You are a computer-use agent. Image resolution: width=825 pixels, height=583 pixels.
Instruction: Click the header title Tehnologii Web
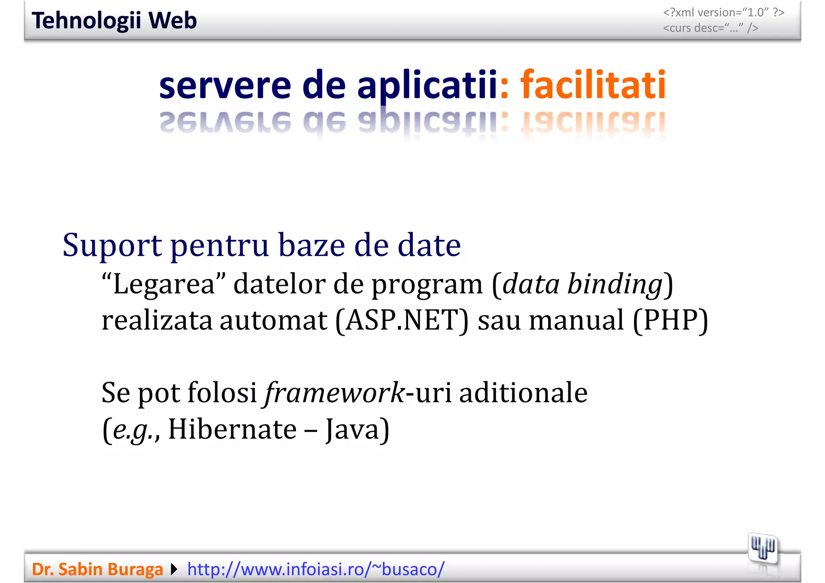[x=114, y=21]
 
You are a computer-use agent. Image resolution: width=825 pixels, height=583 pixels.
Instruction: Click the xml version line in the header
[x=723, y=12]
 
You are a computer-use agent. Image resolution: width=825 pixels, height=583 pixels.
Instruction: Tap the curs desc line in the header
[x=711, y=28]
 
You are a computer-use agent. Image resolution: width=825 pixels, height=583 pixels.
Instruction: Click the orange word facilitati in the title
[x=593, y=85]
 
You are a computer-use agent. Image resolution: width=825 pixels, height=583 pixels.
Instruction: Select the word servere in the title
[x=225, y=86]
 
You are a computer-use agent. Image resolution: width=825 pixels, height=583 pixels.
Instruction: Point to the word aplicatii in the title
[x=427, y=86]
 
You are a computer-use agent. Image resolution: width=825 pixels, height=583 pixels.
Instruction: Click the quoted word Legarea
[x=164, y=284]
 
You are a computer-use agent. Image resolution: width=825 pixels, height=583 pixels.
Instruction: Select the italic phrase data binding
[x=582, y=284]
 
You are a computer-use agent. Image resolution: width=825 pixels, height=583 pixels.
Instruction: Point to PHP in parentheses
[x=670, y=320]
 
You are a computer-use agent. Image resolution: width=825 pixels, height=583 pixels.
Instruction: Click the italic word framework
[x=334, y=393]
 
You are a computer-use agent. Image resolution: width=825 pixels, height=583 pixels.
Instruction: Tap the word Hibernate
[x=232, y=429]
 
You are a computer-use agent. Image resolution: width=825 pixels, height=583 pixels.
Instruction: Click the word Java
[x=352, y=429]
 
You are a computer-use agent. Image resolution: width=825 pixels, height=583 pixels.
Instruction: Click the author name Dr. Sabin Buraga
[x=97, y=569]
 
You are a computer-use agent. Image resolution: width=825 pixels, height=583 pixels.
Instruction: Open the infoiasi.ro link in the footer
[x=316, y=569]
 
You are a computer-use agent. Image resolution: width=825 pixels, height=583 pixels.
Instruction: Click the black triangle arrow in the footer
[x=174, y=569]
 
